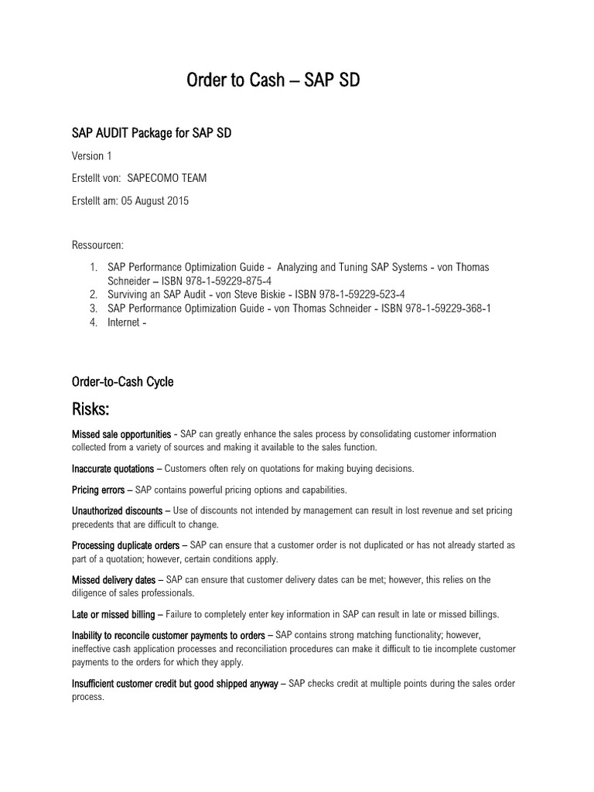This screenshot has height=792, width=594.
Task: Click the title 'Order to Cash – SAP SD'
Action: [273, 80]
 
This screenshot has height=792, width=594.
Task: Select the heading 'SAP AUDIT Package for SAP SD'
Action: [152, 134]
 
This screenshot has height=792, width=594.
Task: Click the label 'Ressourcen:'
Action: [97, 244]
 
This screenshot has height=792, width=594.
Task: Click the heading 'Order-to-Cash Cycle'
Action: [122, 381]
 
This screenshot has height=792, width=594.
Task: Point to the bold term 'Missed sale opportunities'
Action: [121, 434]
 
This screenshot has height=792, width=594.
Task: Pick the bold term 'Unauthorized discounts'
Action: [117, 511]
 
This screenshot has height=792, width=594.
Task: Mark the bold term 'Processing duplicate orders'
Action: [128, 546]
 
